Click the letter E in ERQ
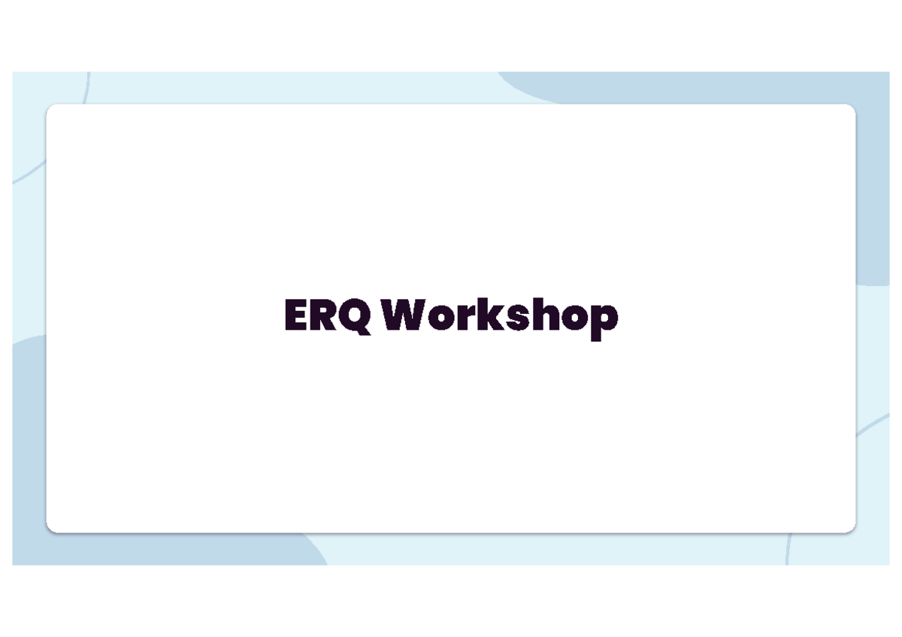[x=295, y=315]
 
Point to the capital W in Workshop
[x=409, y=315]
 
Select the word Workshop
[x=500, y=317]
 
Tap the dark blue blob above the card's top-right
[x=676, y=86]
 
